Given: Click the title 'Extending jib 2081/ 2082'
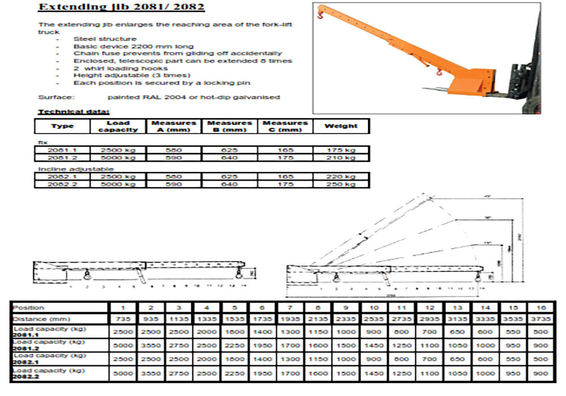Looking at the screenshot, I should tap(121, 7).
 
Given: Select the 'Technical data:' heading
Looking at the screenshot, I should tap(74, 111).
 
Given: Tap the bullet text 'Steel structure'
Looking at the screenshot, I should tap(97, 38).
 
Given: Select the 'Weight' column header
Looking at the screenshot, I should tap(341, 126).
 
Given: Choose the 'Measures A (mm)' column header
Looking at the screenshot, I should tap(174, 126).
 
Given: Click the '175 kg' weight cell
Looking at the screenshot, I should tap(341, 150).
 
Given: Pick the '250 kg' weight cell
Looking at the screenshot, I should tap(341, 184).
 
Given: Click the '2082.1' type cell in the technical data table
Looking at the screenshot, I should tap(62, 177).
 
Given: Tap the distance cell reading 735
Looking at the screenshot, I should tap(123, 320).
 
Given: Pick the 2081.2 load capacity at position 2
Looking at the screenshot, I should tap(151, 345).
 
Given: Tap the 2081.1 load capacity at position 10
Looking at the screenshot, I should tap(374, 331).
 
